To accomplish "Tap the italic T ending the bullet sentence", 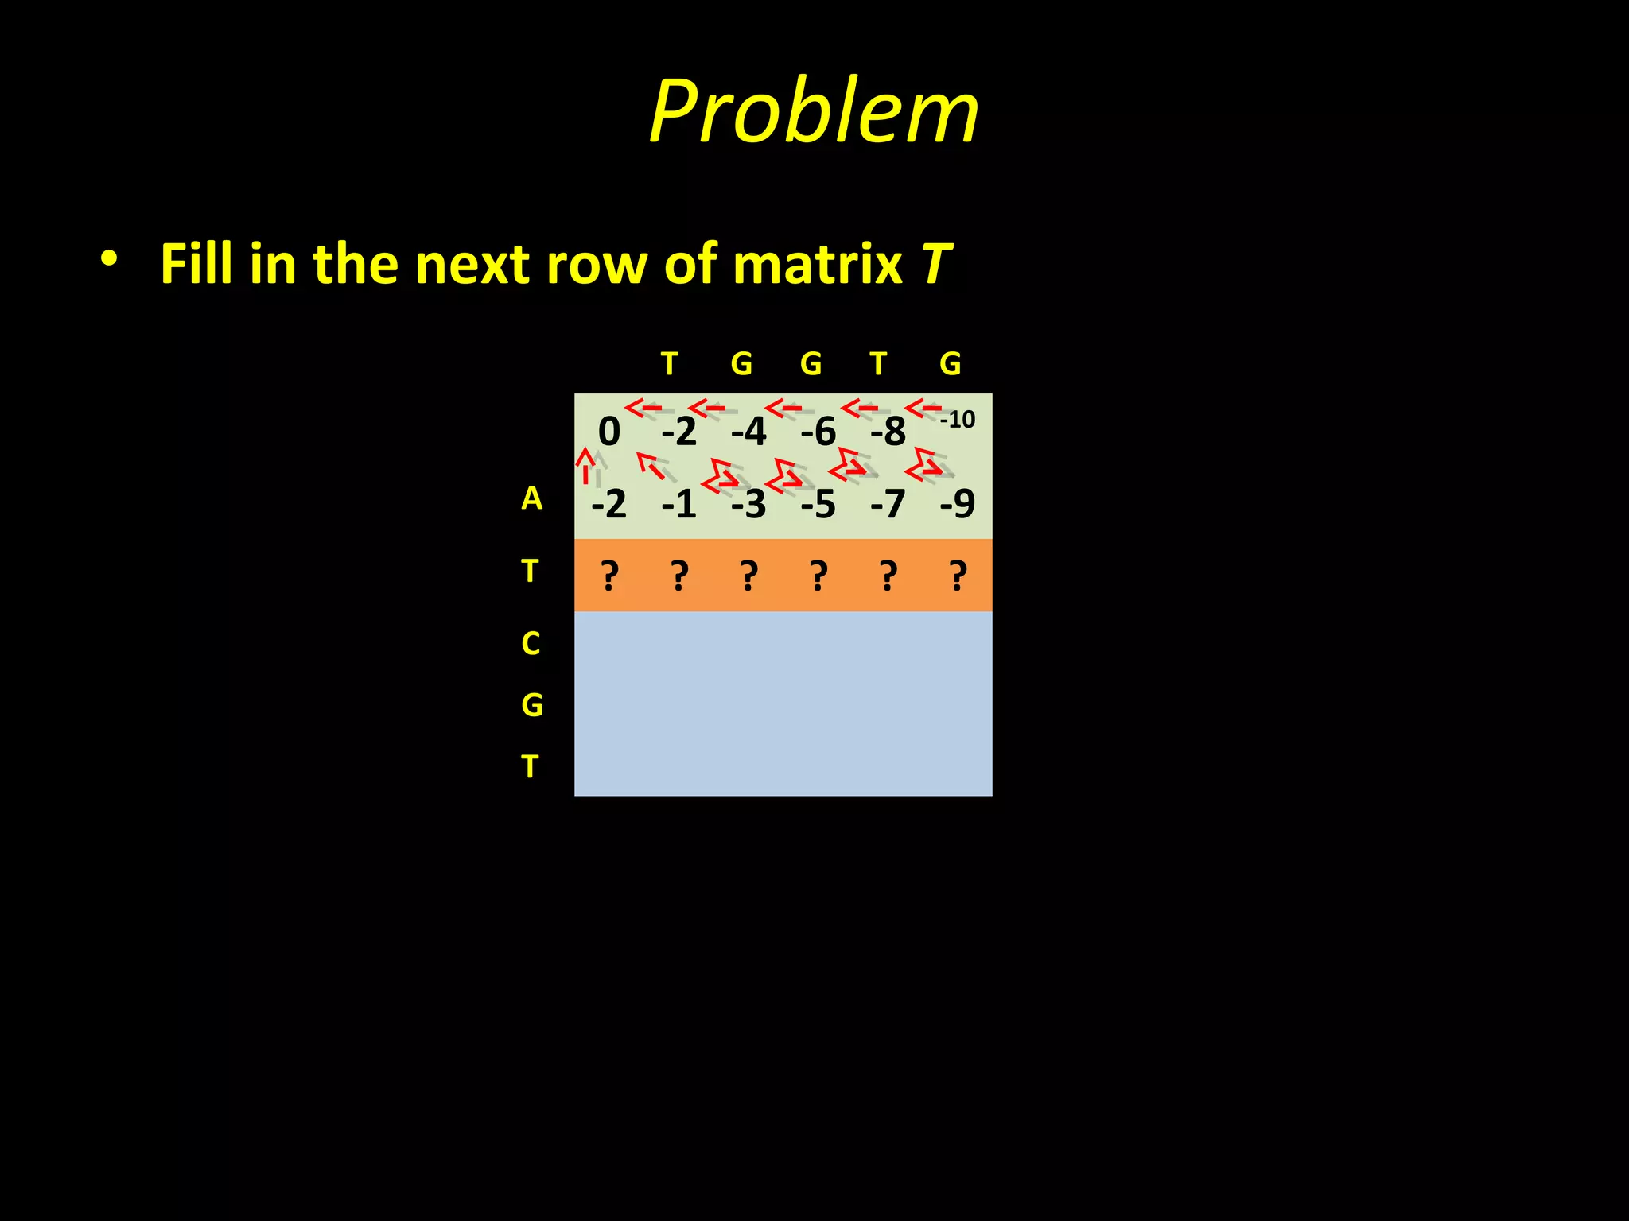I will coord(936,264).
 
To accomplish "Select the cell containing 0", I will coord(608,432).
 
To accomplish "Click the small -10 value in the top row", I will coord(957,419).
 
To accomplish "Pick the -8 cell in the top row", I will coord(888,432).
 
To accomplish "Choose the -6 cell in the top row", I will coord(818,432).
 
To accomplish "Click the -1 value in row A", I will coord(678,504).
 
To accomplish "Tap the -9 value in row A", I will coord(957,504).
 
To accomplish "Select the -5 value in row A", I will coord(818,504).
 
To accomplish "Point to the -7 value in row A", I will coord(888,504).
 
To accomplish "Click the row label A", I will coord(531,498).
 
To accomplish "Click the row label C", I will coord(531,643).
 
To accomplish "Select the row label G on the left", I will coord(531,705).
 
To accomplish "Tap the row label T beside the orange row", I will coord(530,571).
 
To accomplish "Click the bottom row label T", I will coord(530,767).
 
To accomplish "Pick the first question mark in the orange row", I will coord(609,575).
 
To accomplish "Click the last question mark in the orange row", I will coord(958,575).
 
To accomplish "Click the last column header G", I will coord(950,364).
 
